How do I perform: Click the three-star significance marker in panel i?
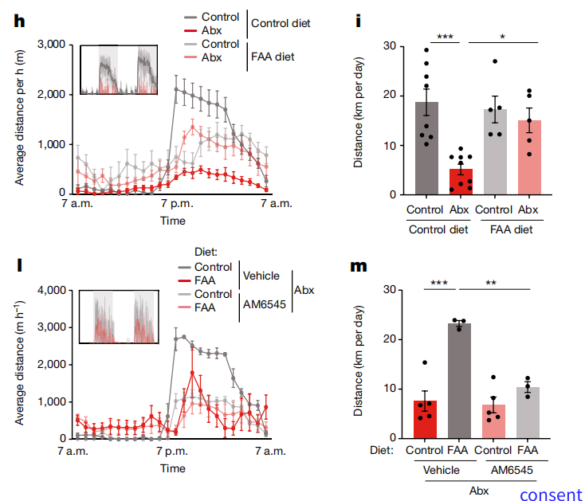pos(444,36)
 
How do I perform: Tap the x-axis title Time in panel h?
pos(173,220)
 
